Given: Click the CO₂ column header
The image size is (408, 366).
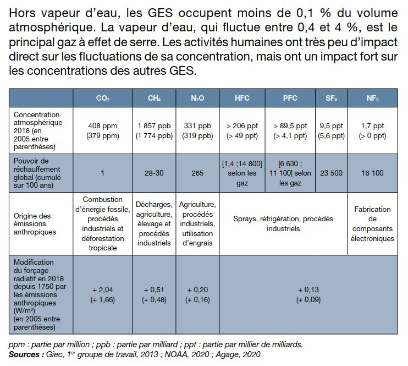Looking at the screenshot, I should pos(103,99).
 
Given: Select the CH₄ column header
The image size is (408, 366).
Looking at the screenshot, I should pos(155,99).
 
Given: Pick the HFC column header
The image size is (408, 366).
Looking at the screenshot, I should pos(242,99).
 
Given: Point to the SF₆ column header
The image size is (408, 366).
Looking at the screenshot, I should pos(331,99).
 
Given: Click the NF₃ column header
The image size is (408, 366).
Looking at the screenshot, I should pos(372,99).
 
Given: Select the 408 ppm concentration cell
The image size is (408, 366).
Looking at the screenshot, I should pos(103,130).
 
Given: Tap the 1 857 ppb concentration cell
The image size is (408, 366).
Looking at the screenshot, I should pos(155,130).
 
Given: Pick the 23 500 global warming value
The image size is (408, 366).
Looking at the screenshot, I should pos(331,172).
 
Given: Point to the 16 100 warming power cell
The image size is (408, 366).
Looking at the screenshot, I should pos(372,172).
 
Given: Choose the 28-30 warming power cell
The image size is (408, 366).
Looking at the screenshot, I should pos(155,172).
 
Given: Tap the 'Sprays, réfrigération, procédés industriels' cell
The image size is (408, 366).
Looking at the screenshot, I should pos(284,223).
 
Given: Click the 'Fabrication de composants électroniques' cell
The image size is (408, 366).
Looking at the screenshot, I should pos(372,224).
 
